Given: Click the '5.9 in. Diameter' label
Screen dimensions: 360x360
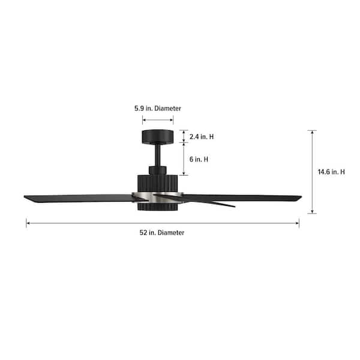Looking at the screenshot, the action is pos(158,109).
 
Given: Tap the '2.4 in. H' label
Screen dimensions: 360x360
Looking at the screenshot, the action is pos(202,137).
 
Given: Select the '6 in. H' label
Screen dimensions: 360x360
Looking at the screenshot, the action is pos(199,159).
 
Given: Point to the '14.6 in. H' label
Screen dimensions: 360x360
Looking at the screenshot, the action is pos(331,172).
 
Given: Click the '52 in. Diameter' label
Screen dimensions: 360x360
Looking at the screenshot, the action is pos(162,233).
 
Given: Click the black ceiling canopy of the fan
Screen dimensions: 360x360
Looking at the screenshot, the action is pos(157,137).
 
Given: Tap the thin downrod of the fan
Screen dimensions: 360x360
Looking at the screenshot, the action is pos(157,155).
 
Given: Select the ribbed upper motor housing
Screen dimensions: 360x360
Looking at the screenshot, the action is pos(157,184).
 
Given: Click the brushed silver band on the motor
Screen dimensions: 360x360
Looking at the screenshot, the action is pos(157,197).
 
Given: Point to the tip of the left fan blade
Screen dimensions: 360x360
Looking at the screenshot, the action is pos(25,197).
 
